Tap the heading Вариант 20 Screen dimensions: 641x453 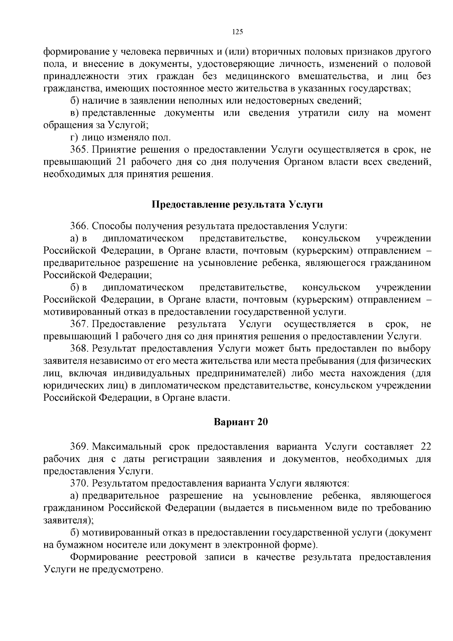[x=241, y=422]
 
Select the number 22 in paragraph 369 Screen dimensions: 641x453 [x=425, y=447]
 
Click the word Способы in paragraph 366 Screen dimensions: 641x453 [x=110, y=226]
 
